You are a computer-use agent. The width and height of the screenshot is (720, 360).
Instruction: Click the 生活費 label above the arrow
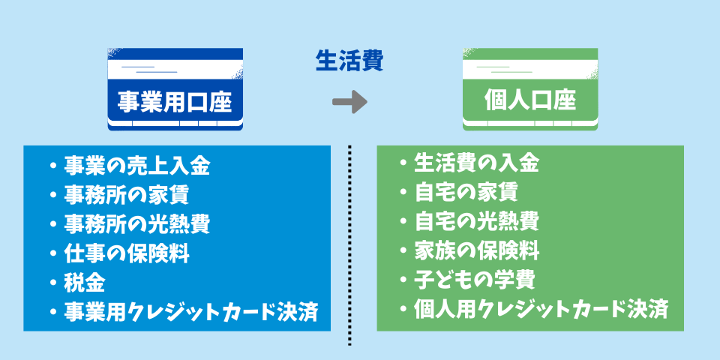pyautogui.click(x=349, y=61)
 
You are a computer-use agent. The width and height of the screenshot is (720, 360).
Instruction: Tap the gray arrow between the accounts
pyautogui.click(x=349, y=102)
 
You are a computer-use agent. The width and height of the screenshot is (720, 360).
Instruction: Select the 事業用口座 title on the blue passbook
pyautogui.click(x=175, y=102)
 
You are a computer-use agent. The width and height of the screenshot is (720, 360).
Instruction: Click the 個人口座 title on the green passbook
pyautogui.click(x=530, y=102)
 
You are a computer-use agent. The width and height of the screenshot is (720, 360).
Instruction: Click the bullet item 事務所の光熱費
pyautogui.click(x=136, y=223)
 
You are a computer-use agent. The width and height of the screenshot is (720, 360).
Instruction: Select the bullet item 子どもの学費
pyautogui.click(x=474, y=280)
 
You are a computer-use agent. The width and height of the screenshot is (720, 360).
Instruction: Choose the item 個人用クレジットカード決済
pyautogui.click(x=540, y=309)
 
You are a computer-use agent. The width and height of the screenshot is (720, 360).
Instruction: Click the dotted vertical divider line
pyautogui.click(x=349, y=240)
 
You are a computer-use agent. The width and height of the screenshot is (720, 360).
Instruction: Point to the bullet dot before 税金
pyautogui.click(x=53, y=283)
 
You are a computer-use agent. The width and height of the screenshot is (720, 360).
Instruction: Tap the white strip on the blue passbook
pyautogui.click(x=175, y=70)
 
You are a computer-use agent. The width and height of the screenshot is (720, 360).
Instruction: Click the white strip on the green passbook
pyautogui.click(x=530, y=70)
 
